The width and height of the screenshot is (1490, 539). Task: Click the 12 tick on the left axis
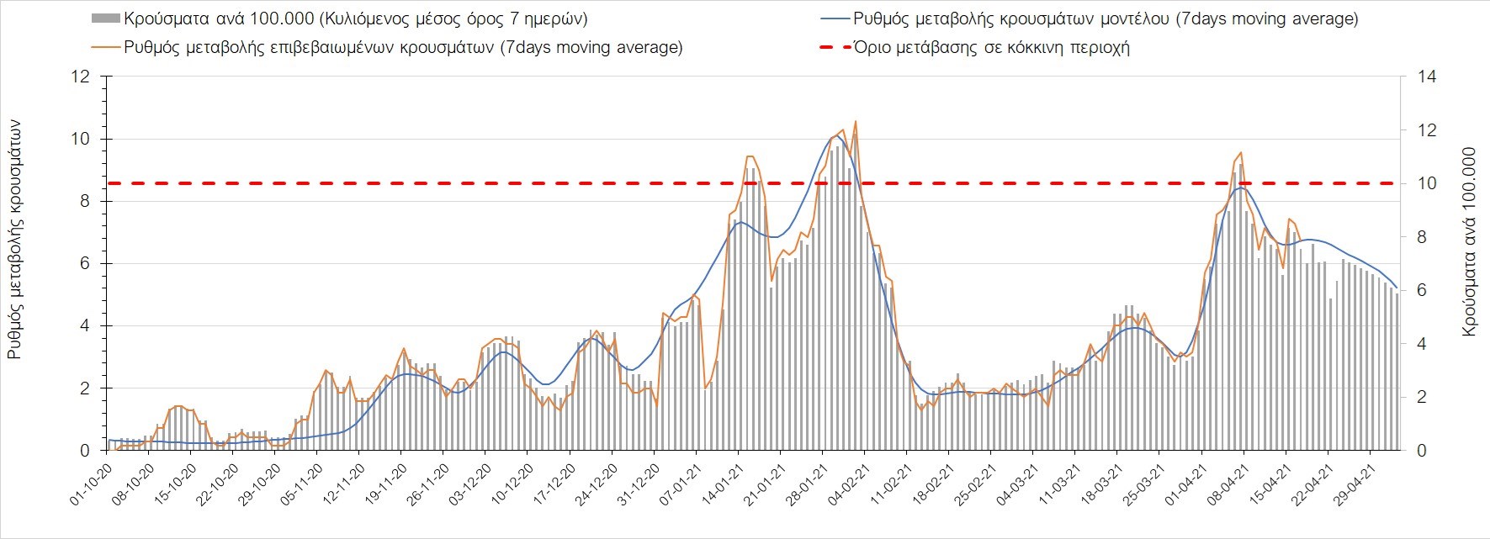point(81,77)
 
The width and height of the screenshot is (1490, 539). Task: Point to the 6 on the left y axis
point(84,264)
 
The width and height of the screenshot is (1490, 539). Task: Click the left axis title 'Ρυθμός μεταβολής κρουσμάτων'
point(14,240)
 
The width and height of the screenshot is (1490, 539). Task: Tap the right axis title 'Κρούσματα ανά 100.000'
point(1469,242)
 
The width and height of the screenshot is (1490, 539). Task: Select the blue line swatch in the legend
point(832,18)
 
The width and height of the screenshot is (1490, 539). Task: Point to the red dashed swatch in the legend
point(832,47)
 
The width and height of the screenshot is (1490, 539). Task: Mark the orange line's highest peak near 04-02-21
point(855,122)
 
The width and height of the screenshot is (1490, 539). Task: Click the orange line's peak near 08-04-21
point(1240,152)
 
